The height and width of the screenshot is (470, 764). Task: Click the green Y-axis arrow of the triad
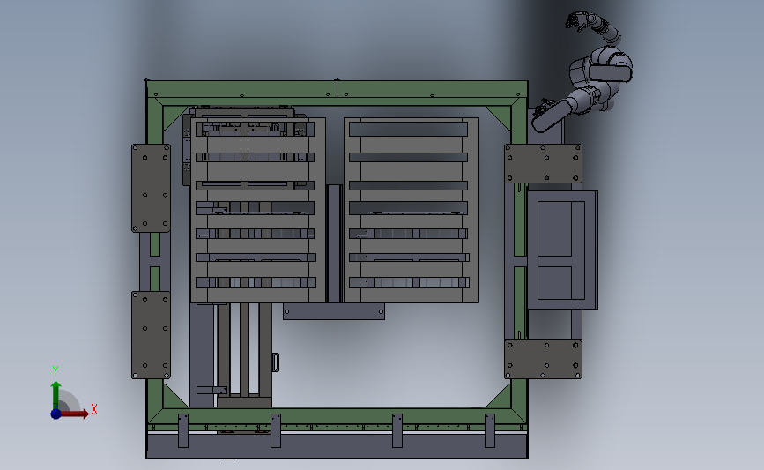click(56, 392)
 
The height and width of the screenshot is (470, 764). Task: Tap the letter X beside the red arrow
click(93, 409)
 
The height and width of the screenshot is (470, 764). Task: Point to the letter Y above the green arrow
click(55, 371)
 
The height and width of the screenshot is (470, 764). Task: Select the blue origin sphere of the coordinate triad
click(56, 413)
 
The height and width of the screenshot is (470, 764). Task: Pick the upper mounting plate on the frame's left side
click(151, 188)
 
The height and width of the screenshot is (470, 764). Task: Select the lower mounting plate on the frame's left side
click(151, 335)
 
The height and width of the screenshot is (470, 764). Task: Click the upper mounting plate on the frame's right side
click(543, 163)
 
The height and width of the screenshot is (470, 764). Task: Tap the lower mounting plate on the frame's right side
click(543, 359)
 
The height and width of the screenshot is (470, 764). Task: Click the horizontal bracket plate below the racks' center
click(333, 311)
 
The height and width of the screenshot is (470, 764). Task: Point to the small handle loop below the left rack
click(275, 362)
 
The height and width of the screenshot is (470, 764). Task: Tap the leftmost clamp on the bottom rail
click(183, 429)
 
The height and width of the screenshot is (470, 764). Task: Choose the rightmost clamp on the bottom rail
click(490, 429)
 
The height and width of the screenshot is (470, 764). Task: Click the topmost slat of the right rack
click(407, 129)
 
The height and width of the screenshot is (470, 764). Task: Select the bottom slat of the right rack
click(407, 283)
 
